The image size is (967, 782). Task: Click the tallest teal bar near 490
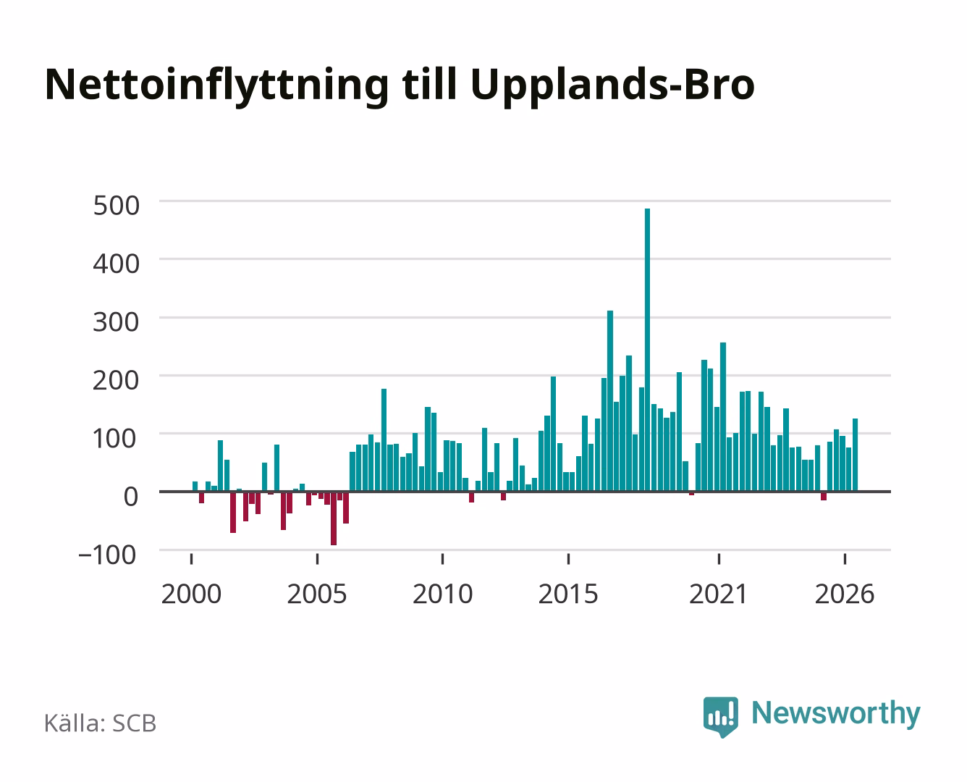647,350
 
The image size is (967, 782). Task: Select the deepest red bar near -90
334,518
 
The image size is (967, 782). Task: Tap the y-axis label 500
117,205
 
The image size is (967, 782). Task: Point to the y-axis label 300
117,322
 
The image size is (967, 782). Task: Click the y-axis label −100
107,555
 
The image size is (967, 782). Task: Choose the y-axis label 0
131,497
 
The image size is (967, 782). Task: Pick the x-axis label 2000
191,594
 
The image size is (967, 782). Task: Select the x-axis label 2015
568,594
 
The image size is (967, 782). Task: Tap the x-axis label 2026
845,594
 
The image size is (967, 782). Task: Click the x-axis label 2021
719,594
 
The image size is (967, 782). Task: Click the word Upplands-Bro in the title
613,85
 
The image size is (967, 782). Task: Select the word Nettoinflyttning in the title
217,85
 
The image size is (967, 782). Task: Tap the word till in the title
429,85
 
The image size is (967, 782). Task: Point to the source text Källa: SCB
101,723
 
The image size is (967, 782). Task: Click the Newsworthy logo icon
720,717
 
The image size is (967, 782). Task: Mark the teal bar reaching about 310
610,401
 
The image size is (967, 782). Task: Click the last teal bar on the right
856,455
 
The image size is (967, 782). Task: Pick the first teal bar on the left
195,487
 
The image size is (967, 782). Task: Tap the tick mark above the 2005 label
317,558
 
